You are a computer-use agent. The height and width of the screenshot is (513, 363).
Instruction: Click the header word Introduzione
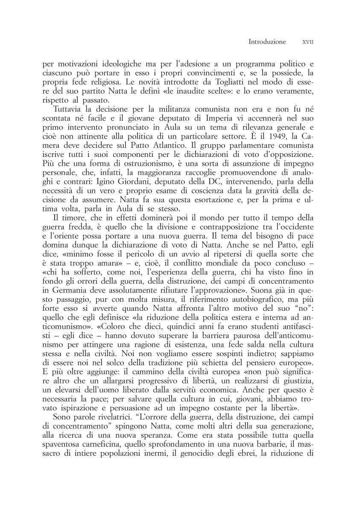coord(267,42)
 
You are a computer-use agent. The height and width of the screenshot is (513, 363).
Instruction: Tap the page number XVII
coord(308,42)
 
